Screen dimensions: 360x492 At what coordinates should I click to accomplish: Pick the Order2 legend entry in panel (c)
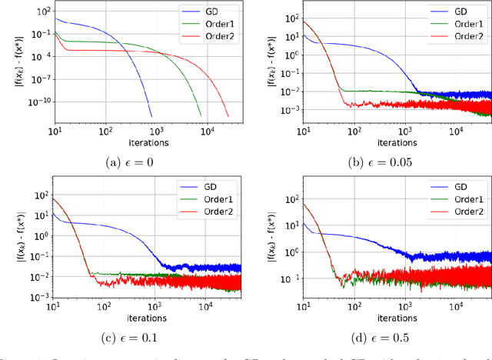218,211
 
